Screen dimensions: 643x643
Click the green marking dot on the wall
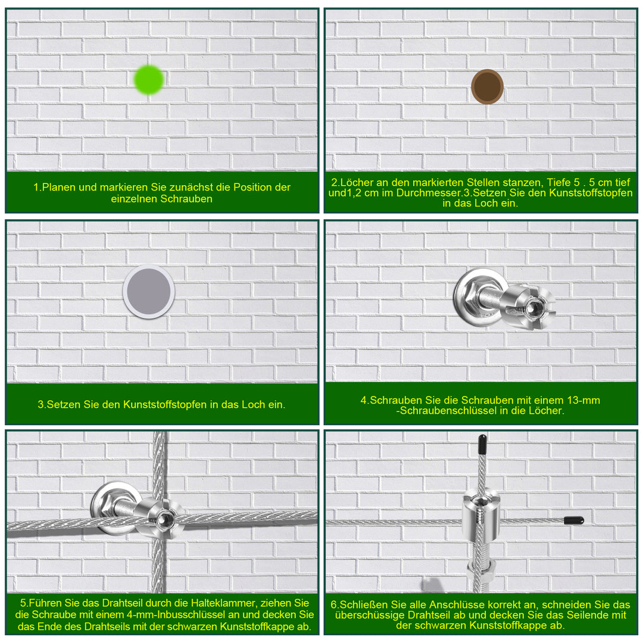click(x=148, y=80)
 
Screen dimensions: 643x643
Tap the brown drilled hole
click(x=487, y=86)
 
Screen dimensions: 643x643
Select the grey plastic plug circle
click(x=149, y=292)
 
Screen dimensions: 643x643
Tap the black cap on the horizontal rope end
click(x=574, y=520)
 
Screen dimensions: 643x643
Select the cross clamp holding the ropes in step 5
click(x=161, y=519)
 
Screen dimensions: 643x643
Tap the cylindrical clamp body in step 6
click(x=480, y=514)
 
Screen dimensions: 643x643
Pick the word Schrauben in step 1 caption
click(x=186, y=199)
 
